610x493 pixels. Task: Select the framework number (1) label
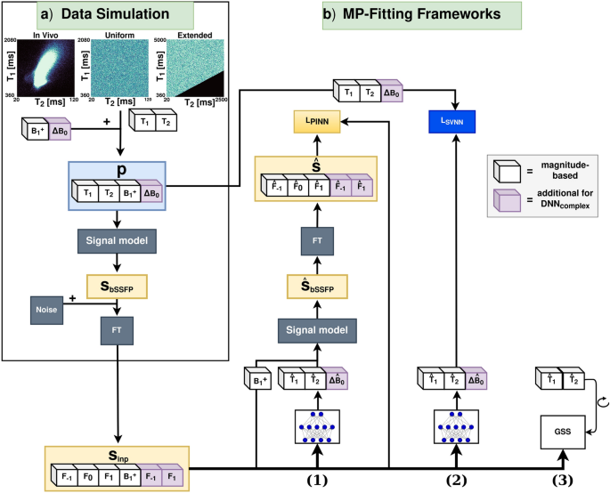(x=316, y=481)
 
